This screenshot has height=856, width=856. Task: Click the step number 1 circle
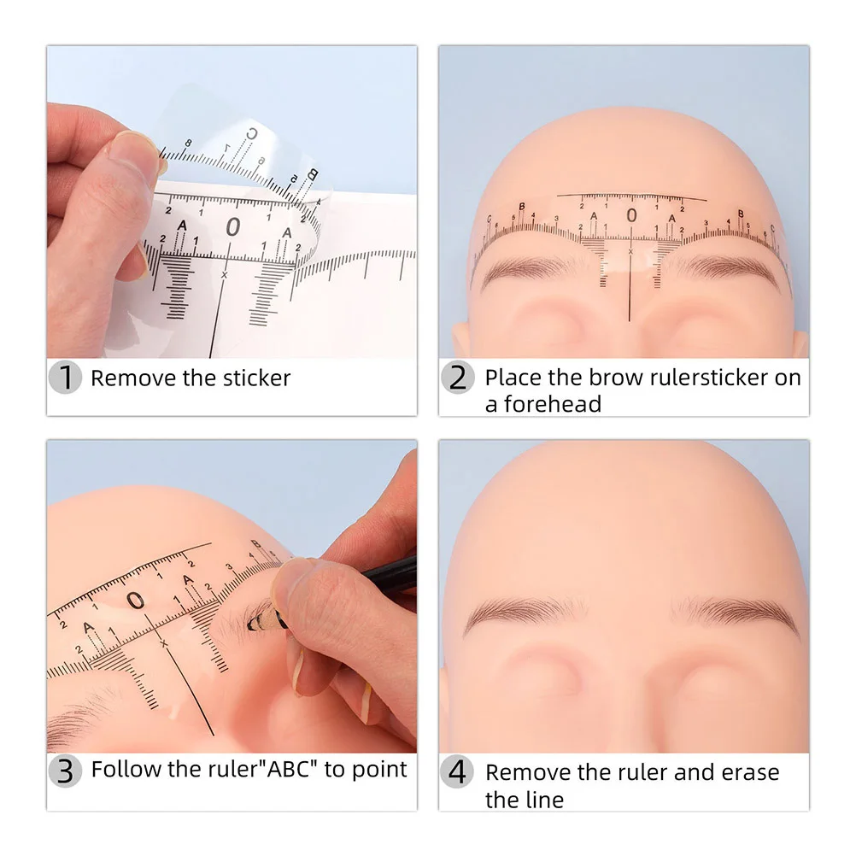[x=65, y=378]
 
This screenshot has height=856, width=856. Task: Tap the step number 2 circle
[x=458, y=378]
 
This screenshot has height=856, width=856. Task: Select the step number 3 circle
[x=65, y=771]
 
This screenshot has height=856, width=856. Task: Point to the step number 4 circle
[x=458, y=771]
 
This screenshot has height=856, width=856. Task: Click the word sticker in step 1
[x=256, y=378]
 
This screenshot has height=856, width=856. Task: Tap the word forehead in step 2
[x=552, y=405]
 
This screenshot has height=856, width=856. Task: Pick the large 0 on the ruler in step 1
[x=233, y=226]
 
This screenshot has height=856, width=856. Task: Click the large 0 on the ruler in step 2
[x=631, y=215]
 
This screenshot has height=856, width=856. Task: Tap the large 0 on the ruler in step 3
[x=136, y=600]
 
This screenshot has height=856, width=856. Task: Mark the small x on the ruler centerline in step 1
[x=224, y=274]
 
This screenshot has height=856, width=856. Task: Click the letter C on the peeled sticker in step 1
[x=252, y=134]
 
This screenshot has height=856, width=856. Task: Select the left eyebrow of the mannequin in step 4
[x=525, y=614]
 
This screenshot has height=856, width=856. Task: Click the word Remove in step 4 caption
[x=527, y=772]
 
